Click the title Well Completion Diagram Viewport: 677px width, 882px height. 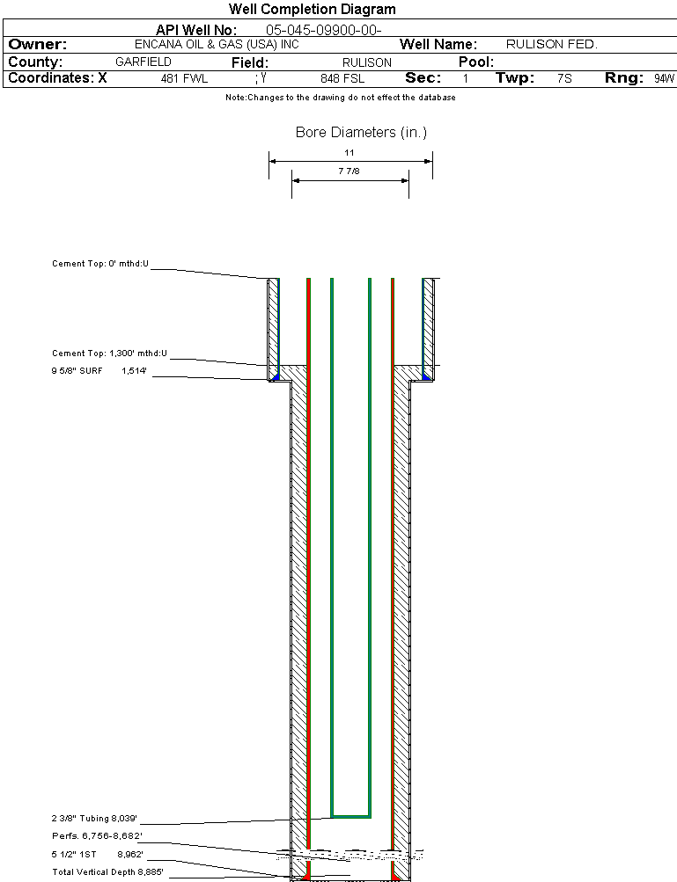tap(312, 10)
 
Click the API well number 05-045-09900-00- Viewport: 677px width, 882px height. tap(323, 30)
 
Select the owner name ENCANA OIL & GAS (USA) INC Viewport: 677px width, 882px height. tap(223, 45)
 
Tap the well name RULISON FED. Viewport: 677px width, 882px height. tap(551, 45)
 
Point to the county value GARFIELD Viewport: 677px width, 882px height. tap(143, 62)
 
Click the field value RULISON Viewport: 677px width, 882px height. tap(366, 63)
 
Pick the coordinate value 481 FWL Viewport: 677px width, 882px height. tap(184, 79)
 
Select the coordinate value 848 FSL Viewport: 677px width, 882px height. tap(342, 79)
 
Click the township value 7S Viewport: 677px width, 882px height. tap(564, 79)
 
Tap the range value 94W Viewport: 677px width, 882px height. tap(664, 79)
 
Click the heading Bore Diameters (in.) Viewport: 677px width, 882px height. tap(361, 133)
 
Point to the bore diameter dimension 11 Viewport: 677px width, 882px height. tap(350, 153)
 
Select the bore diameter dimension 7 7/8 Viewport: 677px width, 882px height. tap(350, 171)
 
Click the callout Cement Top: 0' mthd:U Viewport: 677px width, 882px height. tap(100, 263)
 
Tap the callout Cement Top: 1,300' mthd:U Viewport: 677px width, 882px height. tap(109, 354)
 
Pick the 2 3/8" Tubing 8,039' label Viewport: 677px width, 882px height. tap(95, 818)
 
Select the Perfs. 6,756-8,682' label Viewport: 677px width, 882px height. tap(97, 835)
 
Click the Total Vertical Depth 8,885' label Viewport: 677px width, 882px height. tap(107, 871)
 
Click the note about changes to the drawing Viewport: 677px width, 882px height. tap(340, 98)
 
